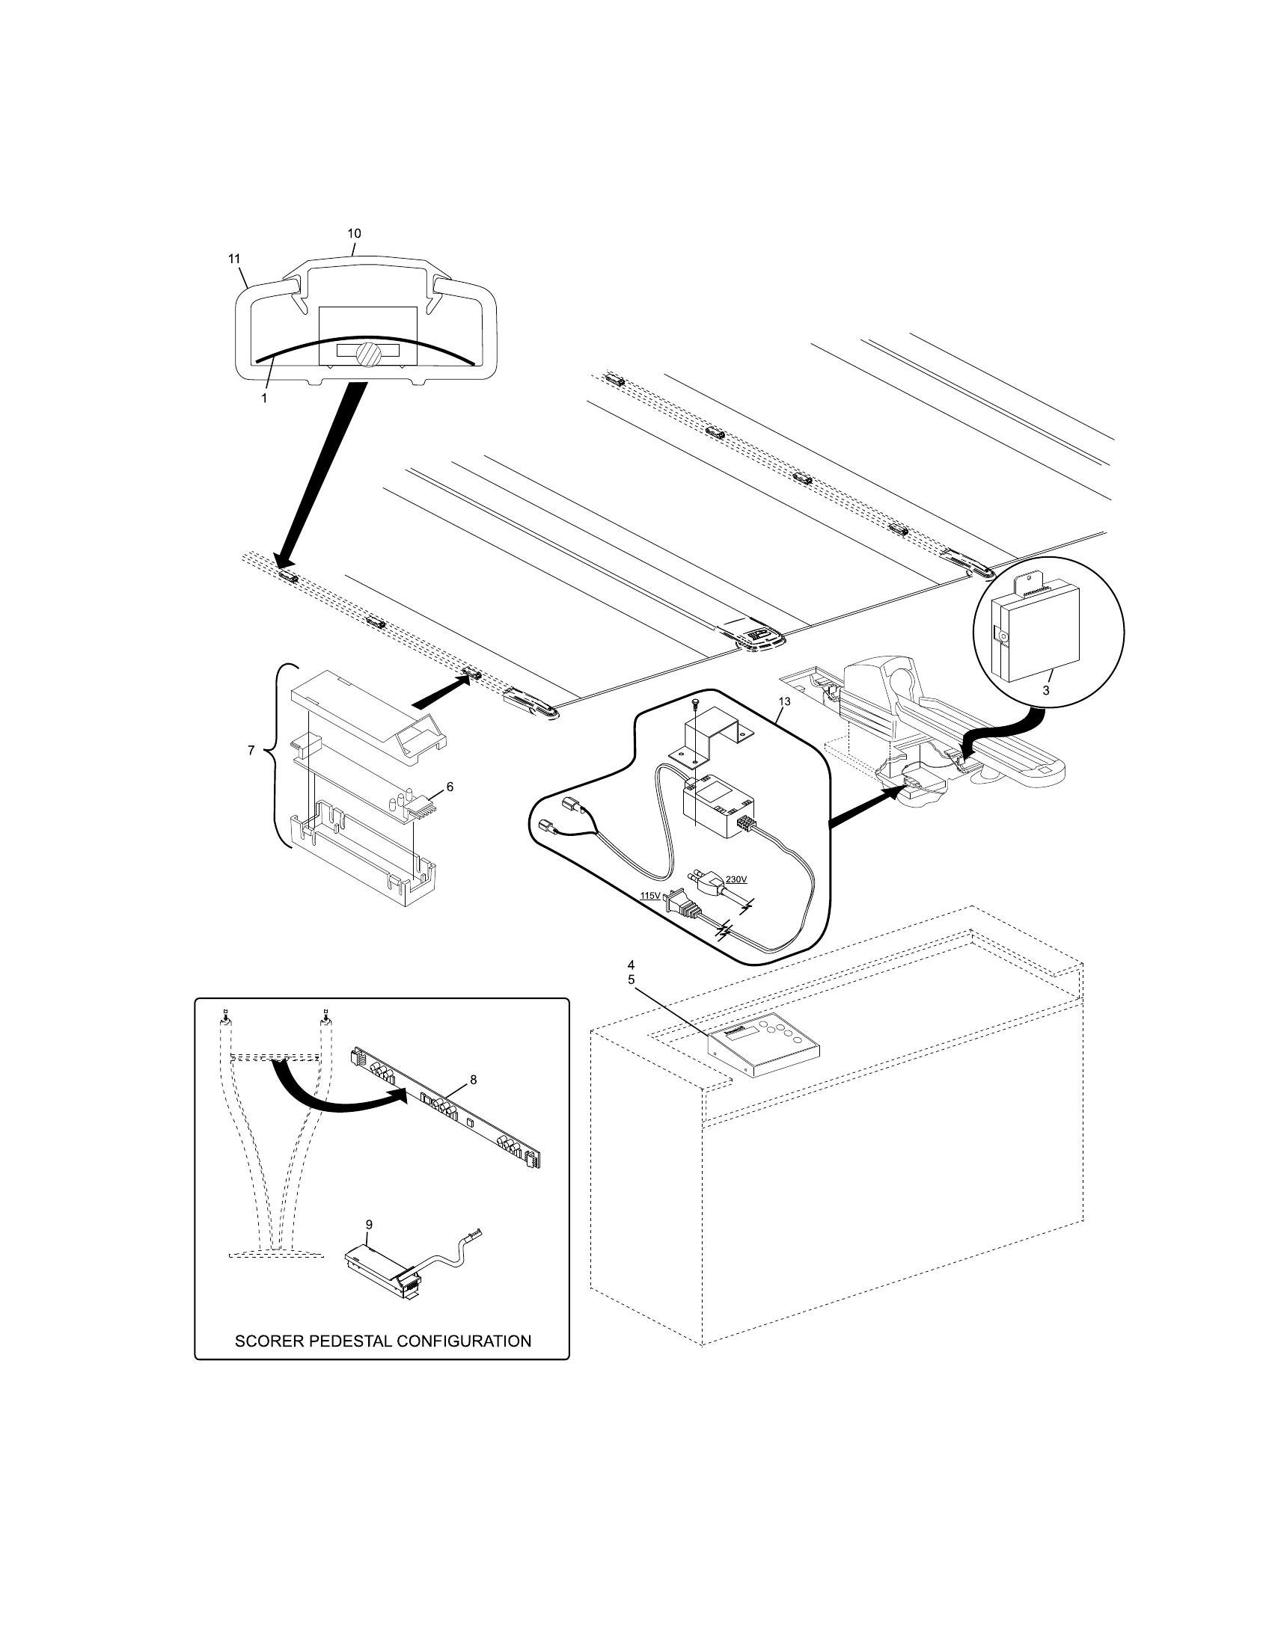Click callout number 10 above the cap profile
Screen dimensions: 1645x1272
[x=354, y=233]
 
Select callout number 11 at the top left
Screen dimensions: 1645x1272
[x=235, y=259]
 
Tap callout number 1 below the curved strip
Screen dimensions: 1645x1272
[x=263, y=399]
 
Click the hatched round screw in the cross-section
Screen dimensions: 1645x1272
[x=368, y=354]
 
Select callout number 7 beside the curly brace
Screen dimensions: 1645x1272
[x=251, y=751]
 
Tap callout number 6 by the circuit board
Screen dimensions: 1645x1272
[x=450, y=787]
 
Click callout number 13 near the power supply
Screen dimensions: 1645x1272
[x=784, y=701]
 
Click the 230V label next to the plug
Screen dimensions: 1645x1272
[x=736, y=879]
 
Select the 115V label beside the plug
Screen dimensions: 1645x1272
[x=649, y=896]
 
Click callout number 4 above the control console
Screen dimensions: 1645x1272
[x=632, y=964]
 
